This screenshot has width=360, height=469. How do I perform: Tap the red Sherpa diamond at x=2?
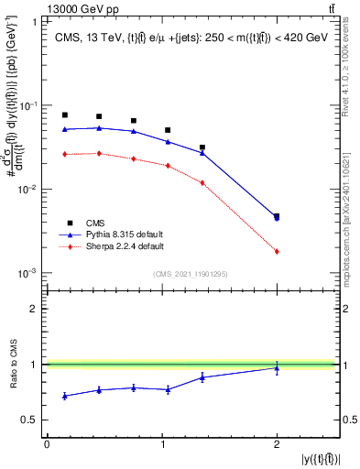pyautogui.click(x=277, y=251)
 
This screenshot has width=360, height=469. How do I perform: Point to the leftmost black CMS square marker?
pyautogui.click(x=65, y=115)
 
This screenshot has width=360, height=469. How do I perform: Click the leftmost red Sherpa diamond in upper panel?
pyautogui.click(x=65, y=155)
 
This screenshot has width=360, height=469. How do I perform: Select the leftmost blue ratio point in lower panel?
pyautogui.click(x=65, y=396)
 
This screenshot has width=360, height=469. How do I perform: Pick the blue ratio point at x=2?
pyautogui.click(x=277, y=367)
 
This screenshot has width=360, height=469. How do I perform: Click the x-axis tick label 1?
pyautogui.click(x=162, y=444)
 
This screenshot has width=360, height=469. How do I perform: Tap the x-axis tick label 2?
pyautogui.click(x=277, y=444)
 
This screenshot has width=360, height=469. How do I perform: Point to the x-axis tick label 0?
pyautogui.click(x=47, y=444)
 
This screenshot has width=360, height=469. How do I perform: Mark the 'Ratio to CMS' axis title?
pyautogui.click(x=11, y=365)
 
